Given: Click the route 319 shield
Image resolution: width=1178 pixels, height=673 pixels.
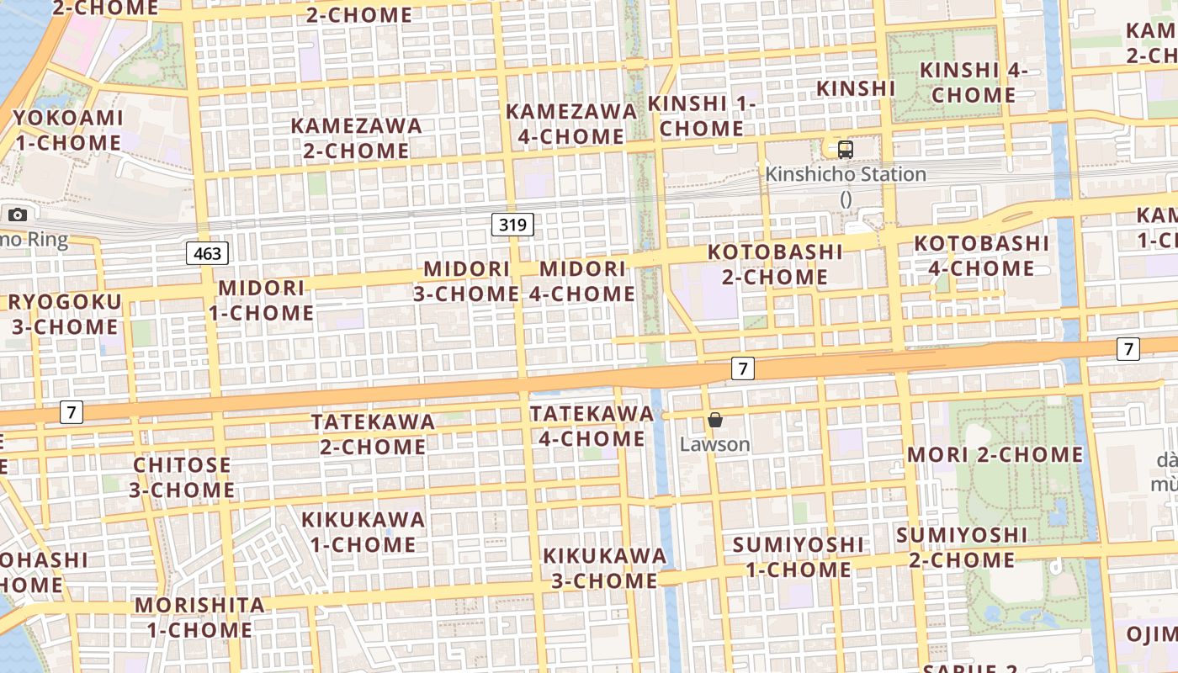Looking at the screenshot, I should point(512,225).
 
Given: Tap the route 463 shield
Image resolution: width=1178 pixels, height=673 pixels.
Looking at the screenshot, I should point(207,253).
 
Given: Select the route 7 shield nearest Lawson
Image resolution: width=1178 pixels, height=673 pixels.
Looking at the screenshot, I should point(741,368).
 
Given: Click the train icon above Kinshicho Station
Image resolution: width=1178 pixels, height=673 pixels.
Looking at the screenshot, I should point(846,150).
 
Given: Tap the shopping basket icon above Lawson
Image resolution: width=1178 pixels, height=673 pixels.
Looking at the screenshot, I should point(715,420).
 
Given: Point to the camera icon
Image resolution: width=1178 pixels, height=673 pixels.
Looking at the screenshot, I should point(18,215).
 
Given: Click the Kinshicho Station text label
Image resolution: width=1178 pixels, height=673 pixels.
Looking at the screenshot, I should point(845,175).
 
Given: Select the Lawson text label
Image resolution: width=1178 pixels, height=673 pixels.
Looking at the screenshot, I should point(714,443).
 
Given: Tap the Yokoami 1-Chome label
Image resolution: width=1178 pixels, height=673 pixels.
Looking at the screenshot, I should point(67,130).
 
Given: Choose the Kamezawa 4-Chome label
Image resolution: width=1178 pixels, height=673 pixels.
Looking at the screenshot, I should point(571,124).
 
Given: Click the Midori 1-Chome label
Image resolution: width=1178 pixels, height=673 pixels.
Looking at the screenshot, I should point(261,300).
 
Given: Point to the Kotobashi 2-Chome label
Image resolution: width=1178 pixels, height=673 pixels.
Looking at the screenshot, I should point(775,264).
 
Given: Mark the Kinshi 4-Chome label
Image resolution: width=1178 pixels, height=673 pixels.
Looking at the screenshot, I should point(974,82).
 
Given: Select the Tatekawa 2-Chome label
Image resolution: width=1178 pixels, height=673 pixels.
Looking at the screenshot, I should point(373,433).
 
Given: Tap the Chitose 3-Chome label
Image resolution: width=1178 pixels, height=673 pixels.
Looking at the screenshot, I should point(182,477).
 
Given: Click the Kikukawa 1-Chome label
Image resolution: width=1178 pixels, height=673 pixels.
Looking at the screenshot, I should point(363,532).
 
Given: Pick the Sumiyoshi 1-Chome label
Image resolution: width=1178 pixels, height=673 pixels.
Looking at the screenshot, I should point(798,557).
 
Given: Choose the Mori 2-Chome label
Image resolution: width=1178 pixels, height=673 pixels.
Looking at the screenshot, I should point(995,455).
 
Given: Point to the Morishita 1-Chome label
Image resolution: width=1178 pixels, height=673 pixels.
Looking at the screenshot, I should point(199,617).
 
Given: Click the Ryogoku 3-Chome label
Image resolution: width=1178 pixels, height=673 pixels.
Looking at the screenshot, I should point(65,314).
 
